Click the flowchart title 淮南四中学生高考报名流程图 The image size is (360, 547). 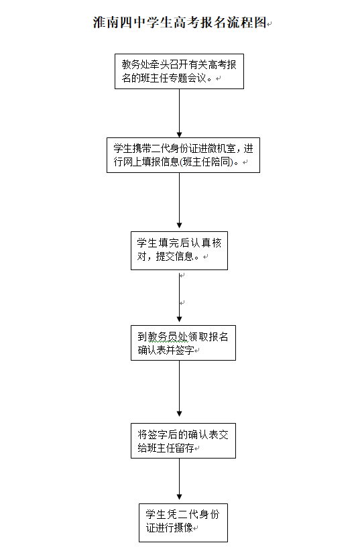point(180,22)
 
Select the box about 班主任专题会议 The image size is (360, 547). point(179,72)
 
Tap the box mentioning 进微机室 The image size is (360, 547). point(183,156)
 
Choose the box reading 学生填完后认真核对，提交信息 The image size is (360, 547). point(179,251)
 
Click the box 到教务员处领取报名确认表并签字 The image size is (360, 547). point(183,343)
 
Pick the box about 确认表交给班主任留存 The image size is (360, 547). point(183,440)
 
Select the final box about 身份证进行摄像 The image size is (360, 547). point(183,523)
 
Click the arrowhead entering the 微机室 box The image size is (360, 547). point(179,135)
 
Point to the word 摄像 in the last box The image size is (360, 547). point(184,528)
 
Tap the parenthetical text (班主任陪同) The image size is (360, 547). point(206,162)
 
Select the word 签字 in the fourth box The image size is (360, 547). point(184,350)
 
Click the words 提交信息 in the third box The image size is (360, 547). point(174,256)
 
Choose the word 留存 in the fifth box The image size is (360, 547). point(184,448)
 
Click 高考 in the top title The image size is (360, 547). point(187,22)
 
